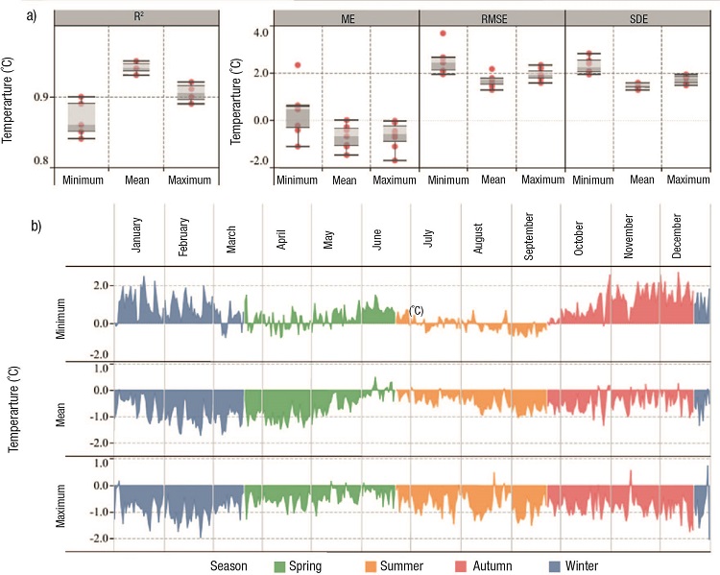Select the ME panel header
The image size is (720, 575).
346,16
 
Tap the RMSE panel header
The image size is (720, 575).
492,16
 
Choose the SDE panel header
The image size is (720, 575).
636,16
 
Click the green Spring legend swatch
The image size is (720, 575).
281,565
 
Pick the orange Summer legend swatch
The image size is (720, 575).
373,565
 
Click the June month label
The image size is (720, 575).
376,234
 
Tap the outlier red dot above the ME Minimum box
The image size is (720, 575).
298,65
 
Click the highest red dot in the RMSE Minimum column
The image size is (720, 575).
443,34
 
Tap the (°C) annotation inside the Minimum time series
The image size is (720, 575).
417,310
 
